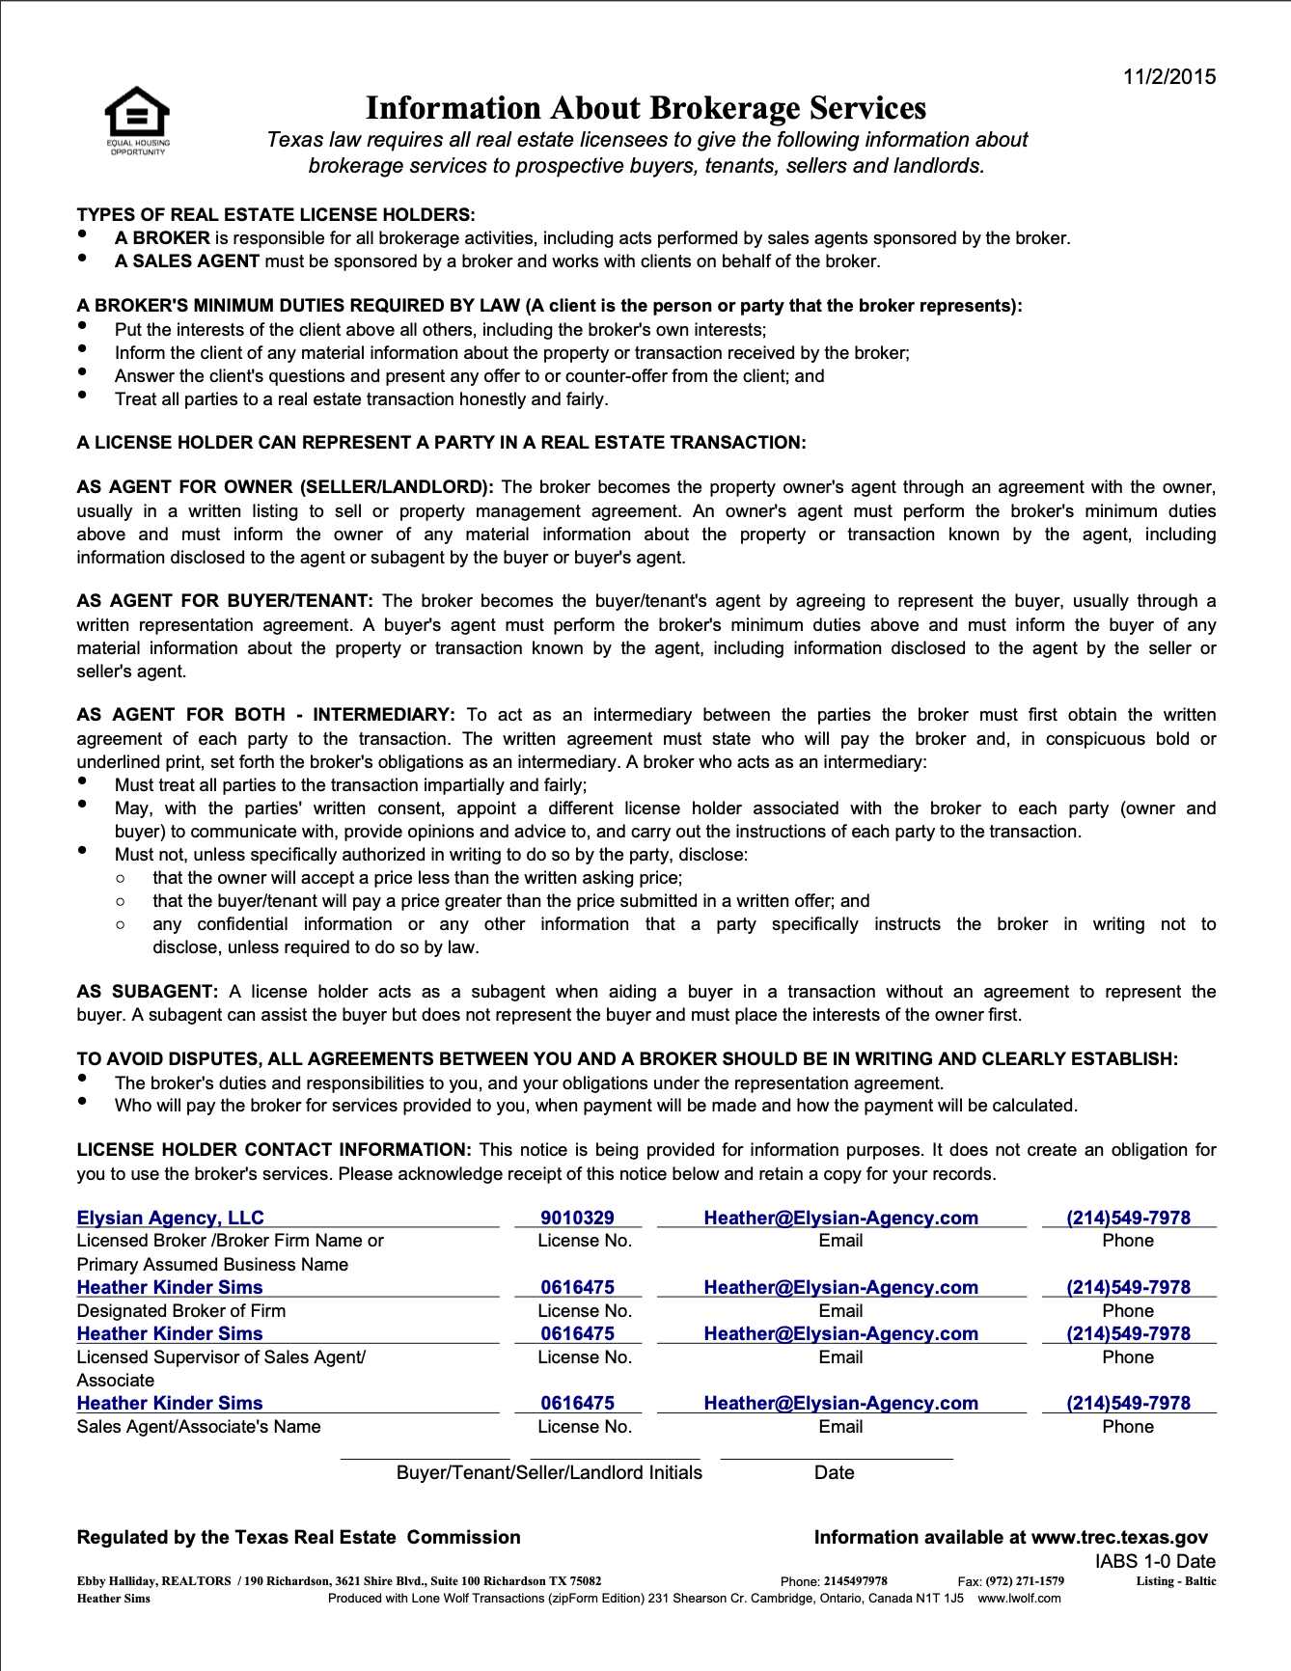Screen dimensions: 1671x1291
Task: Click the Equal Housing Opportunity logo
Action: pyautogui.click(x=137, y=120)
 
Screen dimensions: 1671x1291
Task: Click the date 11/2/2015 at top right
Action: pyautogui.click(x=1168, y=77)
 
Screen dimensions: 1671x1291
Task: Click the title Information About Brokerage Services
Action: pyautogui.click(x=645, y=108)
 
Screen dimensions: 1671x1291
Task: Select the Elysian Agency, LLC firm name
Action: pyautogui.click(x=170, y=1218)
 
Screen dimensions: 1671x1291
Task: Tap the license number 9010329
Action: pyautogui.click(x=577, y=1218)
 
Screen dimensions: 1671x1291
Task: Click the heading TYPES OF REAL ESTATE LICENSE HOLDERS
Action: pyautogui.click(x=276, y=214)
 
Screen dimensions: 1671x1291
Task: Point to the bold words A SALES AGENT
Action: pyautogui.click(x=187, y=260)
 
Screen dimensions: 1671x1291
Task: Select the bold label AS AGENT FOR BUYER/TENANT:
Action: pyautogui.click(x=225, y=600)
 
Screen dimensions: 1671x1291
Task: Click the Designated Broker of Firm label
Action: pyautogui.click(x=181, y=1310)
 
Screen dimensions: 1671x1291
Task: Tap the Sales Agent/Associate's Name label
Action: pyautogui.click(x=199, y=1426)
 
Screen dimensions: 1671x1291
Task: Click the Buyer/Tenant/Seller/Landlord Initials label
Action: pyautogui.click(x=549, y=1472)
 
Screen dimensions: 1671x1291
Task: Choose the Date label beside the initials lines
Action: pyautogui.click(x=834, y=1472)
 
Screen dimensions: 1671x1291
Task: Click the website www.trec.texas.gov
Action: pyautogui.click(x=1119, y=1537)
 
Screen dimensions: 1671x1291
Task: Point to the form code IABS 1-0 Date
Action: pyautogui.click(x=1155, y=1561)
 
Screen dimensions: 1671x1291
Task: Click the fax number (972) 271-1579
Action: pyautogui.click(x=1025, y=1581)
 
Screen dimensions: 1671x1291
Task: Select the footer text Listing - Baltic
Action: pyautogui.click(x=1175, y=1581)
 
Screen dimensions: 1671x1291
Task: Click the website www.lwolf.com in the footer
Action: pyautogui.click(x=1019, y=1599)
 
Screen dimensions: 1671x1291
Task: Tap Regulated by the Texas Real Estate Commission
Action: pyautogui.click(x=298, y=1537)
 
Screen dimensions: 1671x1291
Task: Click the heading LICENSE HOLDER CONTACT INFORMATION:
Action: pyautogui.click(x=274, y=1149)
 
